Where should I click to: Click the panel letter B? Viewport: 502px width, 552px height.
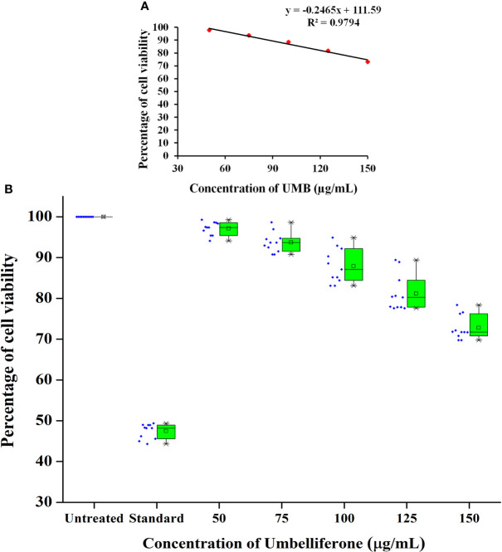[x=7, y=190]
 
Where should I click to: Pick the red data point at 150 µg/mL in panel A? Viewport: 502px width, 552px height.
[x=368, y=61]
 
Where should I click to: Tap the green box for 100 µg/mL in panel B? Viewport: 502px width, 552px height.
[x=353, y=264]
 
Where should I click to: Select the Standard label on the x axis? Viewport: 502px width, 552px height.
[x=155, y=517]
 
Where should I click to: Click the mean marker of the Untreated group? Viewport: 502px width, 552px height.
[x=103, y=217]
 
